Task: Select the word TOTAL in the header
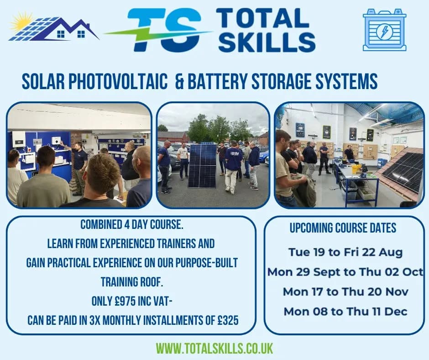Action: (262, 18)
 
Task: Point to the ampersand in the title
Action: (180, 82)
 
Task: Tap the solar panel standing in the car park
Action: (202, 165)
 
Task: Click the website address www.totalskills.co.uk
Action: (214, 348)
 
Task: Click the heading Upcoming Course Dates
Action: (343, 228)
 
